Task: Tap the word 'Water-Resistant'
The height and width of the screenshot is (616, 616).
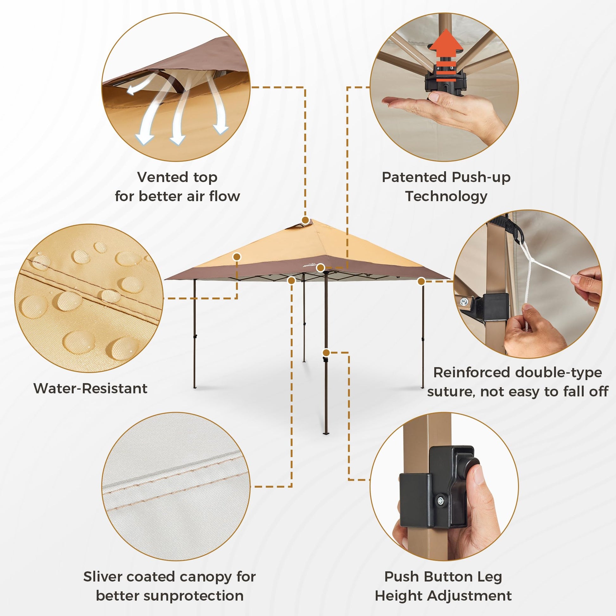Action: [x=91, y=388]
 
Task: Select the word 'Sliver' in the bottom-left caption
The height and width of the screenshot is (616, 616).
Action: [x=102, y=576]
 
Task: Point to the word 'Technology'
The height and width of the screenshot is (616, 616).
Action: [x=446, y=197]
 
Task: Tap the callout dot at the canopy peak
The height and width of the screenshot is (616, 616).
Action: [x=305, y=220]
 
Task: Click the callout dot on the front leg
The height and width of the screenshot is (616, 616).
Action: [x=326, y=353]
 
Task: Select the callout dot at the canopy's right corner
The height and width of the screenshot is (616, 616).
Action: [x=421, y=281]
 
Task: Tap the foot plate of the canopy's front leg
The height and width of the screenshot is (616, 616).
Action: [x=326, y=433]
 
